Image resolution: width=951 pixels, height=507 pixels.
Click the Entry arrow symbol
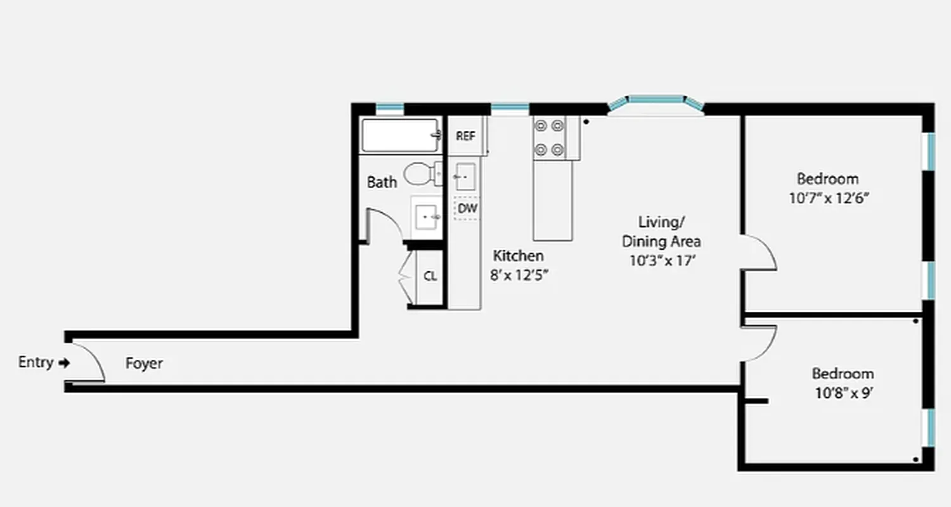pyautogui.click(x=63, y=363)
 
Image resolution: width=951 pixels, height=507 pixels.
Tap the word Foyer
pyautogui.click(x=144, y=364)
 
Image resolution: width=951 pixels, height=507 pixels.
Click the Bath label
pyautogui.click(x=382, y=183)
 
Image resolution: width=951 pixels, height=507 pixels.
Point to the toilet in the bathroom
pyautogui.click(x=420, y=173)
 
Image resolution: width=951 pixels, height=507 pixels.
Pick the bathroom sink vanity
pyautogui.click(x=427, y=217)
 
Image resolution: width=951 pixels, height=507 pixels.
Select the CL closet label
pyautogui.click(x=430, y=277)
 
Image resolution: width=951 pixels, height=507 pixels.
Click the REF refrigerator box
pyautogui.click(x=466, y=136)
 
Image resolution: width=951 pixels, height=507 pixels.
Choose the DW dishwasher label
pyautogui.click(x=467, y=208)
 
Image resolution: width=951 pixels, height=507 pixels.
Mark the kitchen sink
pyautogui.click(x=465, y=176)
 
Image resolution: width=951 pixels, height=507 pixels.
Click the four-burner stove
pyautogui.click(x=549, y=138)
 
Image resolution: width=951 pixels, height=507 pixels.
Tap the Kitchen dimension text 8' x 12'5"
pyautogui.click(x=519, y=275)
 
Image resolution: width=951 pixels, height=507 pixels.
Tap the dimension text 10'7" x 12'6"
pyautogui.click(x=828, y=198)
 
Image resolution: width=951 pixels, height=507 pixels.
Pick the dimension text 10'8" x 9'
pyautogui.click(x=843, y=393)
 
